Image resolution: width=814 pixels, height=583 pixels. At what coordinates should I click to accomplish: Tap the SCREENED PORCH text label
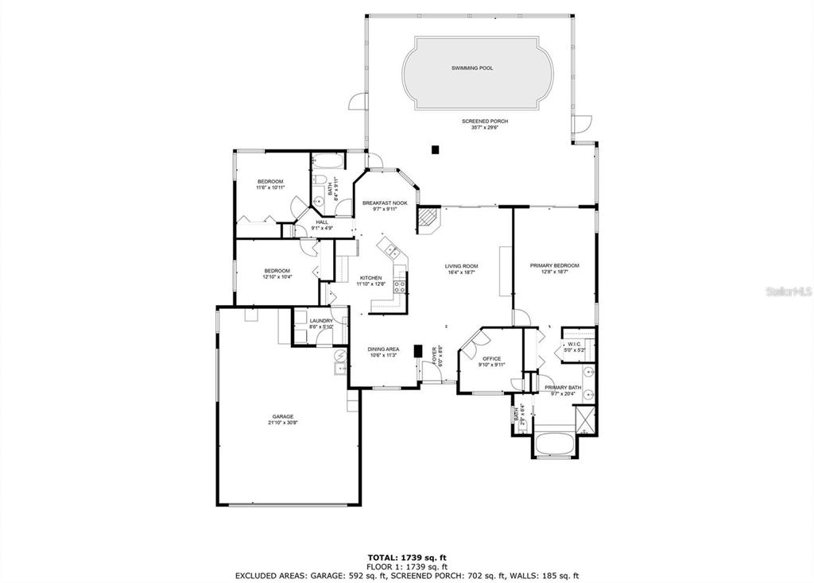point(485,121)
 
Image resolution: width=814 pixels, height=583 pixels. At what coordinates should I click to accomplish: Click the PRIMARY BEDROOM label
point(555,265)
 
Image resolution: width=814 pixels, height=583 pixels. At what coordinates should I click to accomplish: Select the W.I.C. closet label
point(574,344)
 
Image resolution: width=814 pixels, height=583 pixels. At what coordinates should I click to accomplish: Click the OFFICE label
point(491,358)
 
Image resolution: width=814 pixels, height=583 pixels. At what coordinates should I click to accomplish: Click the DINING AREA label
point(383,349)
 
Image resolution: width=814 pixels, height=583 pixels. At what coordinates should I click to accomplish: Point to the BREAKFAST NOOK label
point(385,203)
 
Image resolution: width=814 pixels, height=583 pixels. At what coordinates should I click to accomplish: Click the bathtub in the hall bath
point(326,163)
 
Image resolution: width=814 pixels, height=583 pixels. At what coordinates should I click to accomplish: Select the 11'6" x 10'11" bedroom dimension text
point(269,187)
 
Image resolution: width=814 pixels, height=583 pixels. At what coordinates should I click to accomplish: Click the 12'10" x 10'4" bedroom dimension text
point(277,277)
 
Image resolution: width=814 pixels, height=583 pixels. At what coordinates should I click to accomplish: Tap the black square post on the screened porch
point(434,148)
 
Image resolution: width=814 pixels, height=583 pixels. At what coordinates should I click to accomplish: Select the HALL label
point(322,222)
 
